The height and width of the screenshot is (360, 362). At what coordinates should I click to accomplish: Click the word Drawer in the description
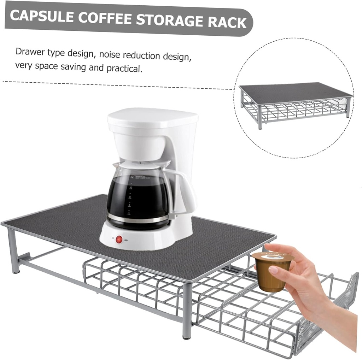click(x=30, y=52)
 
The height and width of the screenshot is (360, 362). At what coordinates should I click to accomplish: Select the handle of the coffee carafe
click(x=184, y=191)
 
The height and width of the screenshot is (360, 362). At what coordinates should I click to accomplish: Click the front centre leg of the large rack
click(x=187, y=311)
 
